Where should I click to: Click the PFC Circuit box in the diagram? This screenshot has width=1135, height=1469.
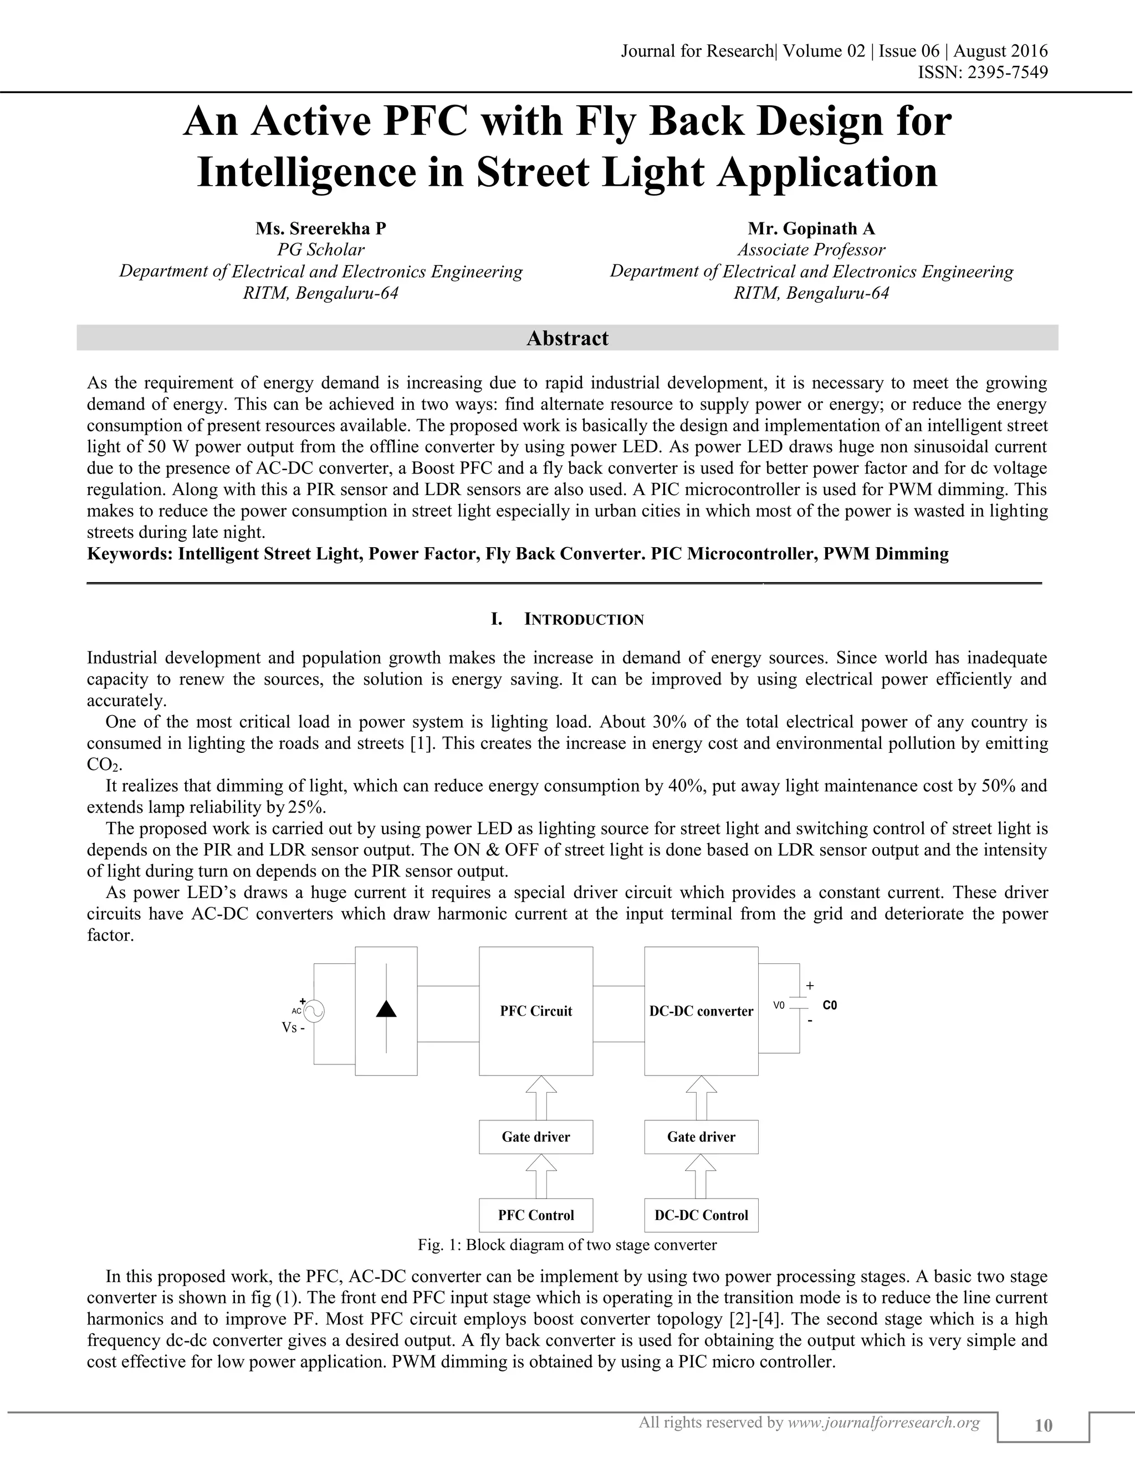[536, 1011]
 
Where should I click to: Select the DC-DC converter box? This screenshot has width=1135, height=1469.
[701, 1011]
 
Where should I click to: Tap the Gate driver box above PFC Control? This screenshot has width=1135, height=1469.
[536, 1137]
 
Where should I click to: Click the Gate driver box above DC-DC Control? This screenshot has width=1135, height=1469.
[701, 1137]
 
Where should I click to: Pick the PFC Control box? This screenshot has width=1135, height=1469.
[536, 1216]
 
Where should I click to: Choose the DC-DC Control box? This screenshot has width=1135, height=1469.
[701, 1216]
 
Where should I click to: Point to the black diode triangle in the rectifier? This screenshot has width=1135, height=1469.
[386, 1008]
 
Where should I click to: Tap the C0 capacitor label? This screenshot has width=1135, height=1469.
[830, 1006]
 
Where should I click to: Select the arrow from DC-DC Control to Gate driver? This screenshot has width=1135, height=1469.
[701, 1176]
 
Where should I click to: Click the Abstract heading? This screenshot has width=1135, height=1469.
[567, 338]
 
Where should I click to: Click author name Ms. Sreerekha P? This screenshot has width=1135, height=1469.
[321, 229]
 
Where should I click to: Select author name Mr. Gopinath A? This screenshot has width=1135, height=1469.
[811, 229]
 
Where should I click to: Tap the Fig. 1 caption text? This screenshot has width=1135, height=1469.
[567, 1244]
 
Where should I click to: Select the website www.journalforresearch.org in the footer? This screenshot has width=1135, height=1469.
[883, 1422]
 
